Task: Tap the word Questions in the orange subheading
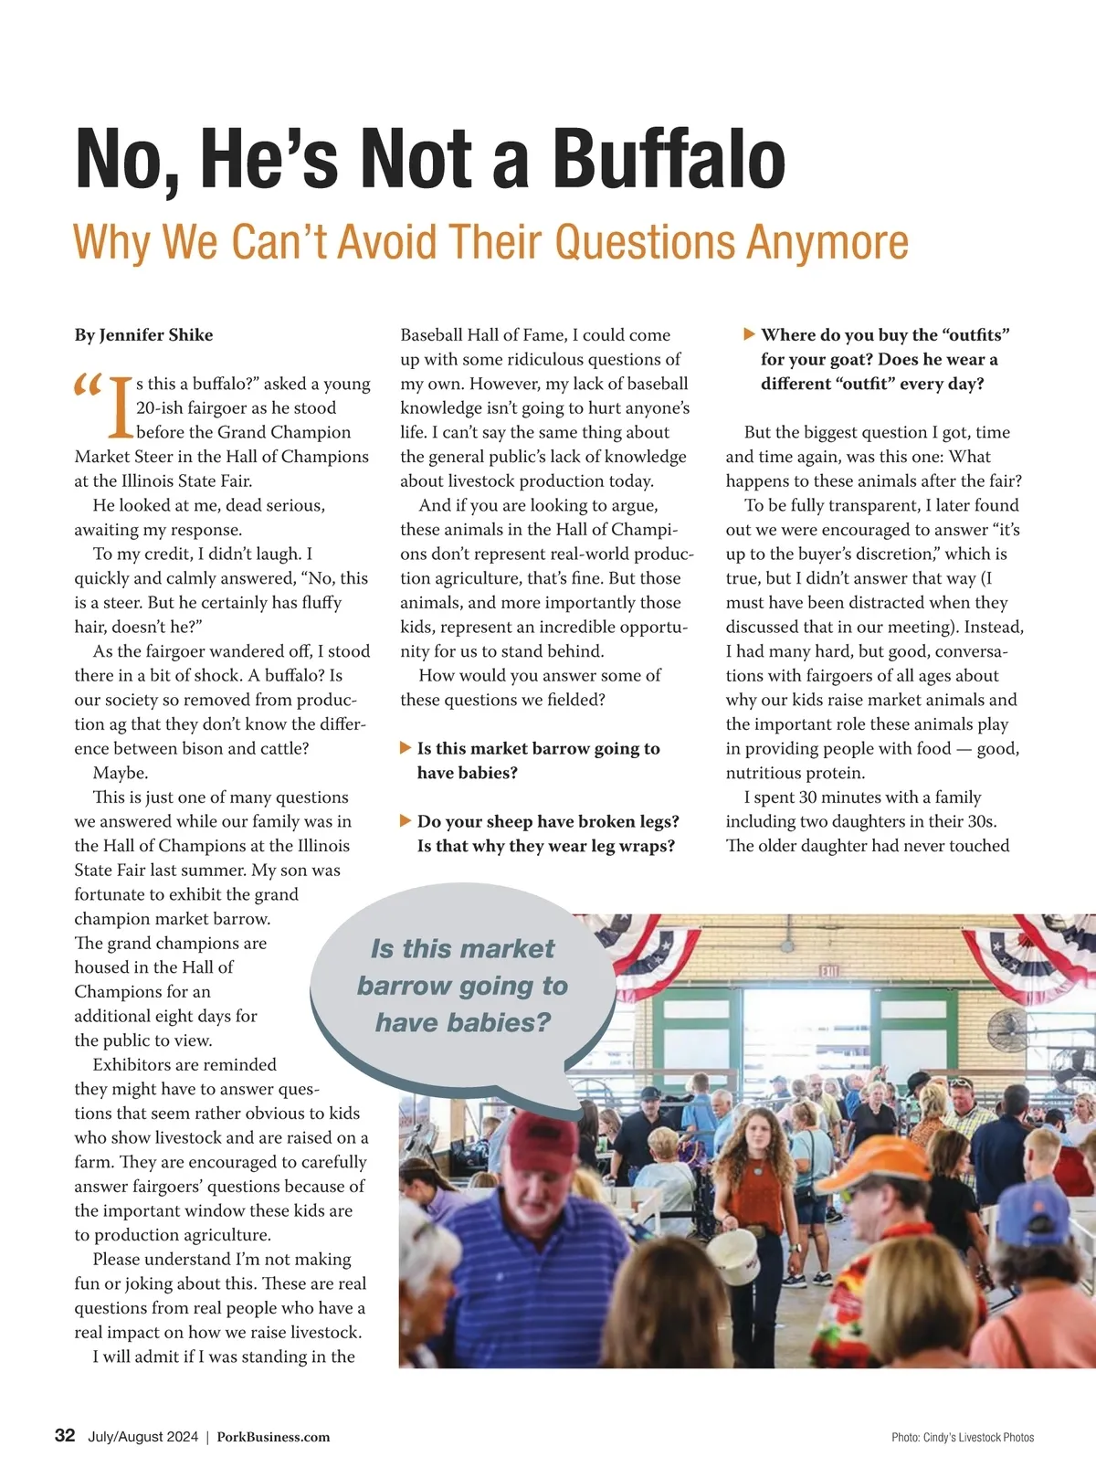(645, 242)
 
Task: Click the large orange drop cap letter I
(120, 406)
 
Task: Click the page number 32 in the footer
(65, 1435)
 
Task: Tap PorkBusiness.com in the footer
(273, 1437)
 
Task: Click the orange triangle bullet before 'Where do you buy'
(749, 334)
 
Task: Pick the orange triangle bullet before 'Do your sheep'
(406, 821)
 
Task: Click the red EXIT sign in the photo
(829, 970)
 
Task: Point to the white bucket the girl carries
(733, 1256)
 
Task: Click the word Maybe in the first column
(120, 773)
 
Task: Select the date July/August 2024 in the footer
(142, 1437)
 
